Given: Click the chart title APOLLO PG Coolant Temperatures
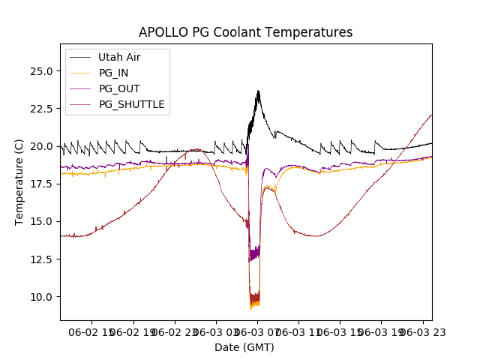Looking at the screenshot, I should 245,32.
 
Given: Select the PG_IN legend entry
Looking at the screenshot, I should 113,73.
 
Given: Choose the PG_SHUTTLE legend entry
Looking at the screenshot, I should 131,104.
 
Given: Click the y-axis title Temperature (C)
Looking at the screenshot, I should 19,181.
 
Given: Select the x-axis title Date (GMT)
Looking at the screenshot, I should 244,347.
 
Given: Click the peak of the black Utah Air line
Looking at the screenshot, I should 258,91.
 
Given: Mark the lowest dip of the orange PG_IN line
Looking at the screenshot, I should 251,308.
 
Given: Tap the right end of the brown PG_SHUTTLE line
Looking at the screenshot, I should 431,115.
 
